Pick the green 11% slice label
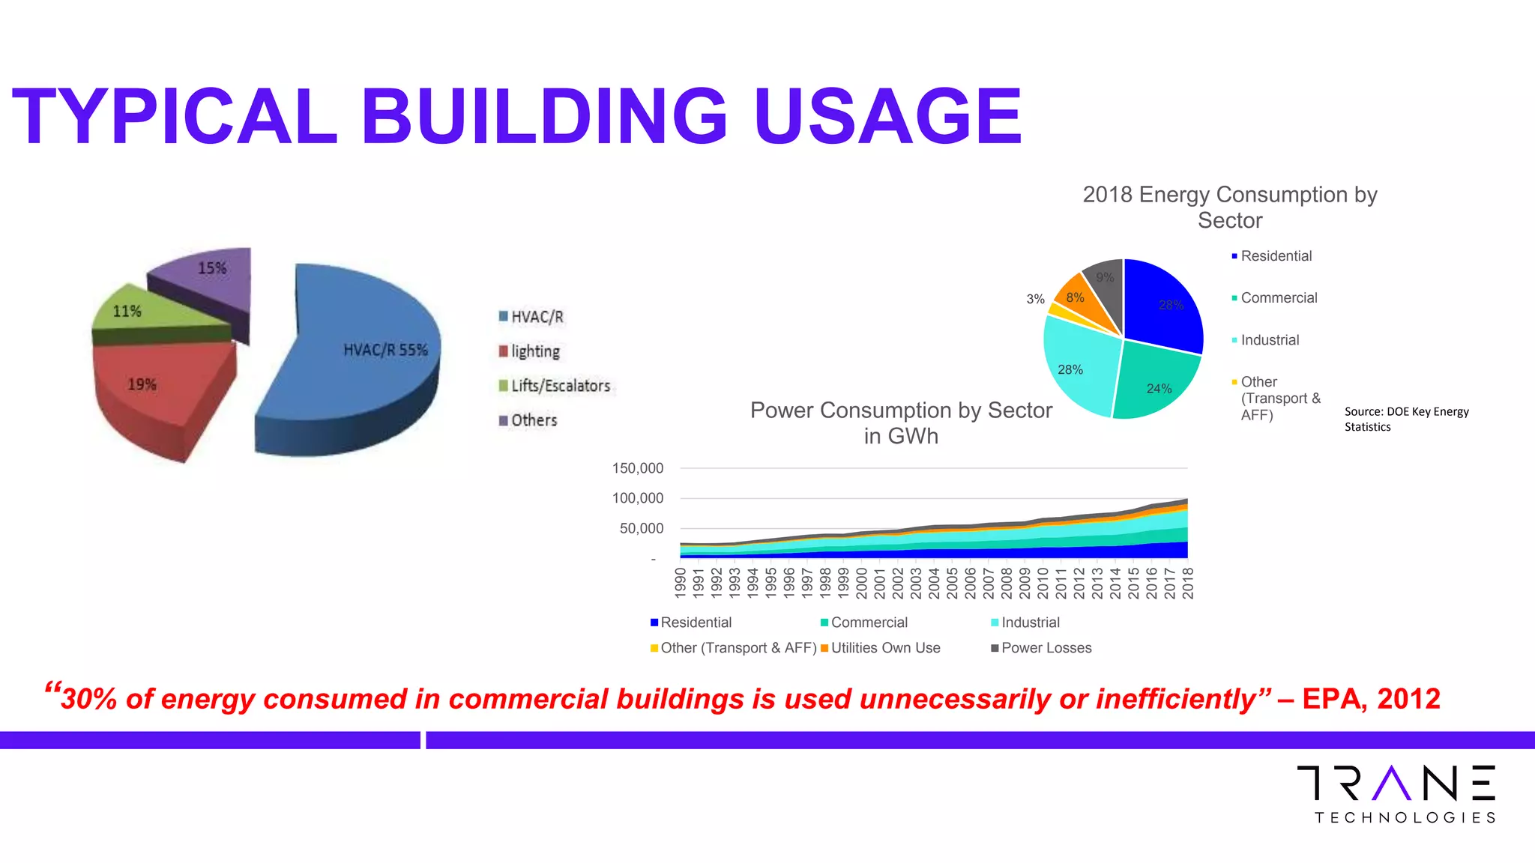pyautogui.click(x=127, y=311)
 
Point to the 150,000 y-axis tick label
pyautogui.click(x=638, y=468)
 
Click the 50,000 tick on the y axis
pyautogui.click(x=642, y=528)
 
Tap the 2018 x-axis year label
pyautogui.click(x=1188, y=583)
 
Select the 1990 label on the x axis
pyautogui.click(x=681, y=583)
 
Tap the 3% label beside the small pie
pyautogui.click(x=1035, y=299)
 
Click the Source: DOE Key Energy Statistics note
pyautogui.click(x=1406, y=419)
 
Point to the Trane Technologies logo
pyautogui.click(x=1396, y=794)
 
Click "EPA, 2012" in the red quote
pyautogui.click(x=1371, y=699)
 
